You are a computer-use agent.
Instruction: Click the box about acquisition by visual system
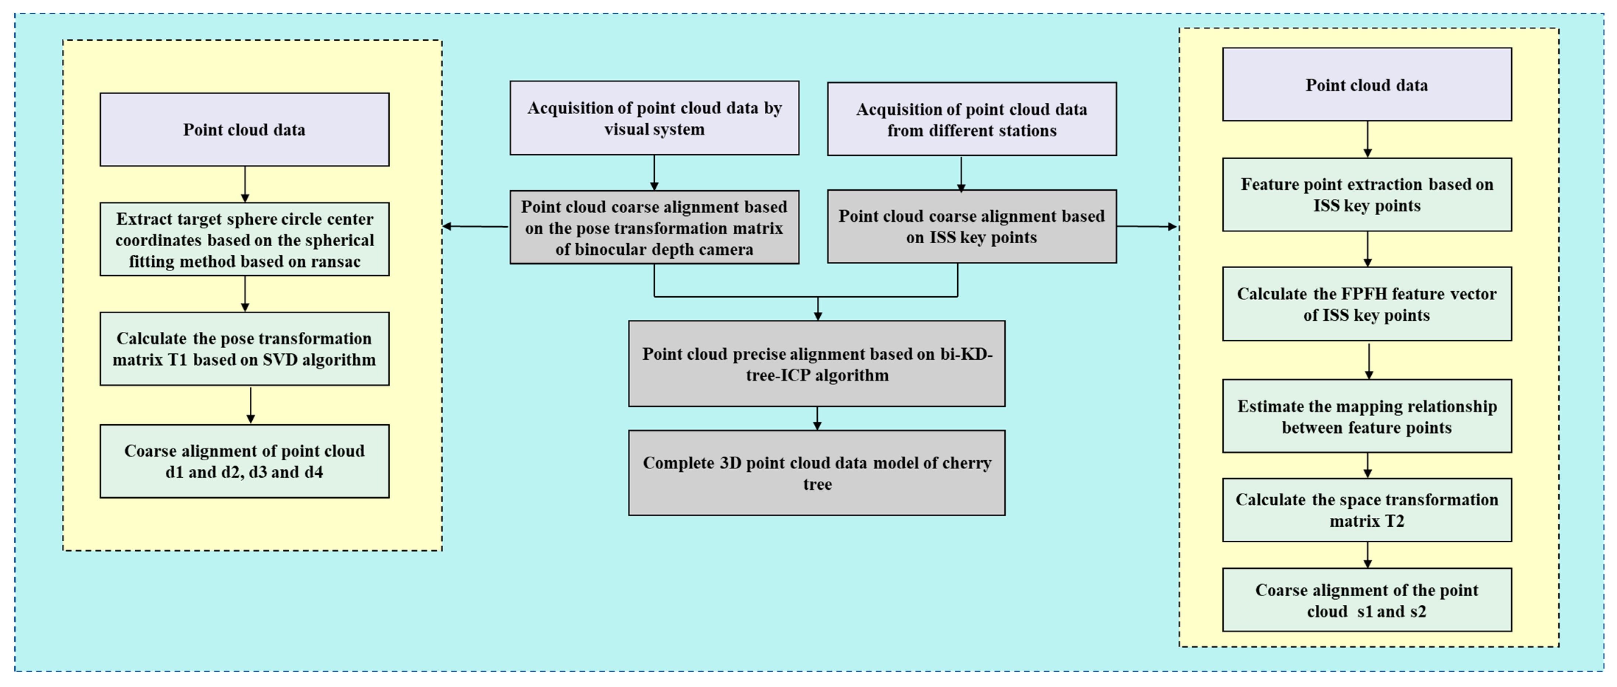coord(654,118)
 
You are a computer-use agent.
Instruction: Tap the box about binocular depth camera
coord(654,227)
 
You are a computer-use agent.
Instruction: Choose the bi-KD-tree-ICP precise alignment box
coord(817,364)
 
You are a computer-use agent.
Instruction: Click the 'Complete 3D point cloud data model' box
coord(817,473)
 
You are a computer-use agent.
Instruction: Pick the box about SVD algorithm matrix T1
coord(244,349)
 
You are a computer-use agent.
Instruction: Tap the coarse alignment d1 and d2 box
coord(244,461)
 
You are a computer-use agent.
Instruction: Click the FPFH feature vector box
coord(1367,304)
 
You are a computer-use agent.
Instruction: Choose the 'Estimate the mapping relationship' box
coord(1367,416)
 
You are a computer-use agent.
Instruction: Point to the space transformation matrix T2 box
coord(1367,510)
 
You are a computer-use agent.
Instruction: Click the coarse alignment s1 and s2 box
coord(1367,600)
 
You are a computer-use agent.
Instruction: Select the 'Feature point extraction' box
coord(1367,195)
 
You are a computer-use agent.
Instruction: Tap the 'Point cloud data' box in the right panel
coord(1367,85)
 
